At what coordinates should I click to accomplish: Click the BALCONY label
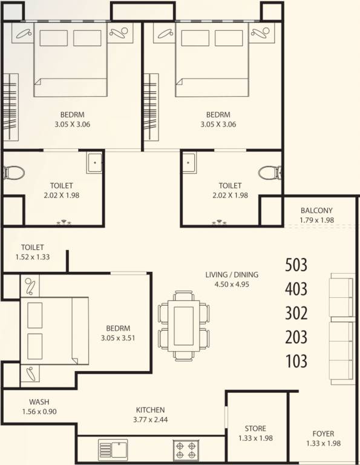316,211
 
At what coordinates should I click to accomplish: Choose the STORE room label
255,429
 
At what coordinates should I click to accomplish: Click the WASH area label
39,402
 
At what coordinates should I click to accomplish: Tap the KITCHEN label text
150,410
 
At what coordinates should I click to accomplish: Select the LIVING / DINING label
227,274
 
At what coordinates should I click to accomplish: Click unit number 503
296,265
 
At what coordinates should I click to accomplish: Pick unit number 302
296,313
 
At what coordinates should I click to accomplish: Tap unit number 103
296,361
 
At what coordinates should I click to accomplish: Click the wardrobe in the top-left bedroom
10,108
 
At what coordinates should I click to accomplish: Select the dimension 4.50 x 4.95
227,284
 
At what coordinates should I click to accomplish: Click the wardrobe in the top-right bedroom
150,108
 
